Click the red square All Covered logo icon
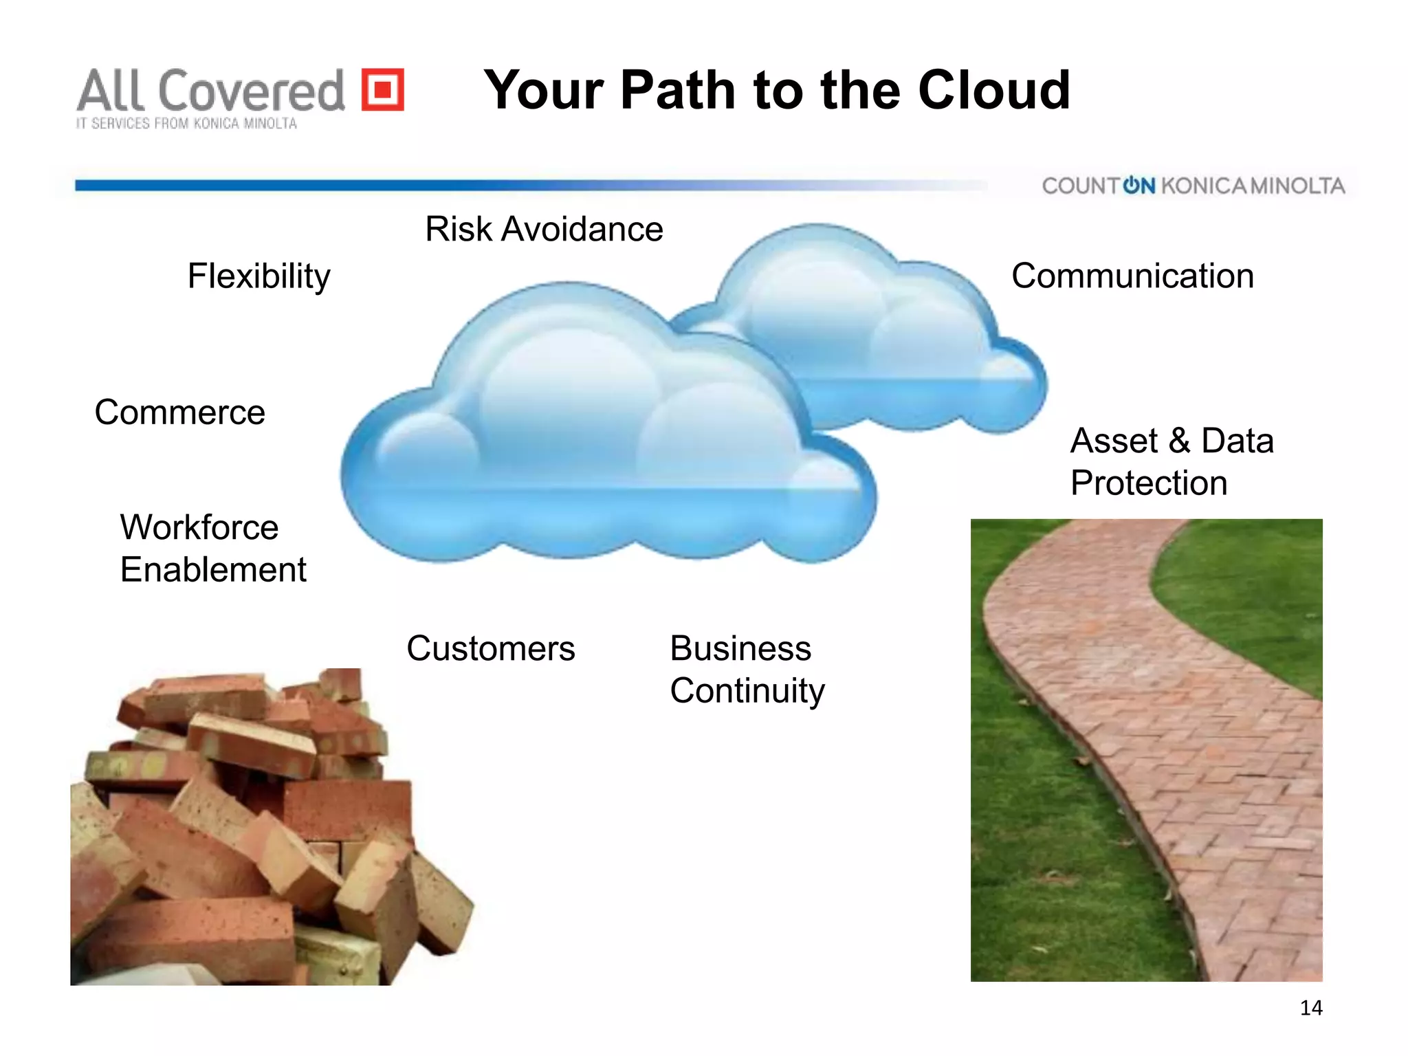click(383, 89)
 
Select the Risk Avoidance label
click(544, 229)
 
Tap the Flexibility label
click(258, 276)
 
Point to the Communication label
click(1132, 276)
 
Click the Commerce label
click(179, 412)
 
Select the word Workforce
click(199, 527)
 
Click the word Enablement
click(213, 570)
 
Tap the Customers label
click(490, 648)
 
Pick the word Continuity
click(747, 691)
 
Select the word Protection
click(1149, 483)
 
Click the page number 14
click(1311, 1008)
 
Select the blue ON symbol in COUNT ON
click(1138, 186)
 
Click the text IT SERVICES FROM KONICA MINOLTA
click(186, 124)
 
